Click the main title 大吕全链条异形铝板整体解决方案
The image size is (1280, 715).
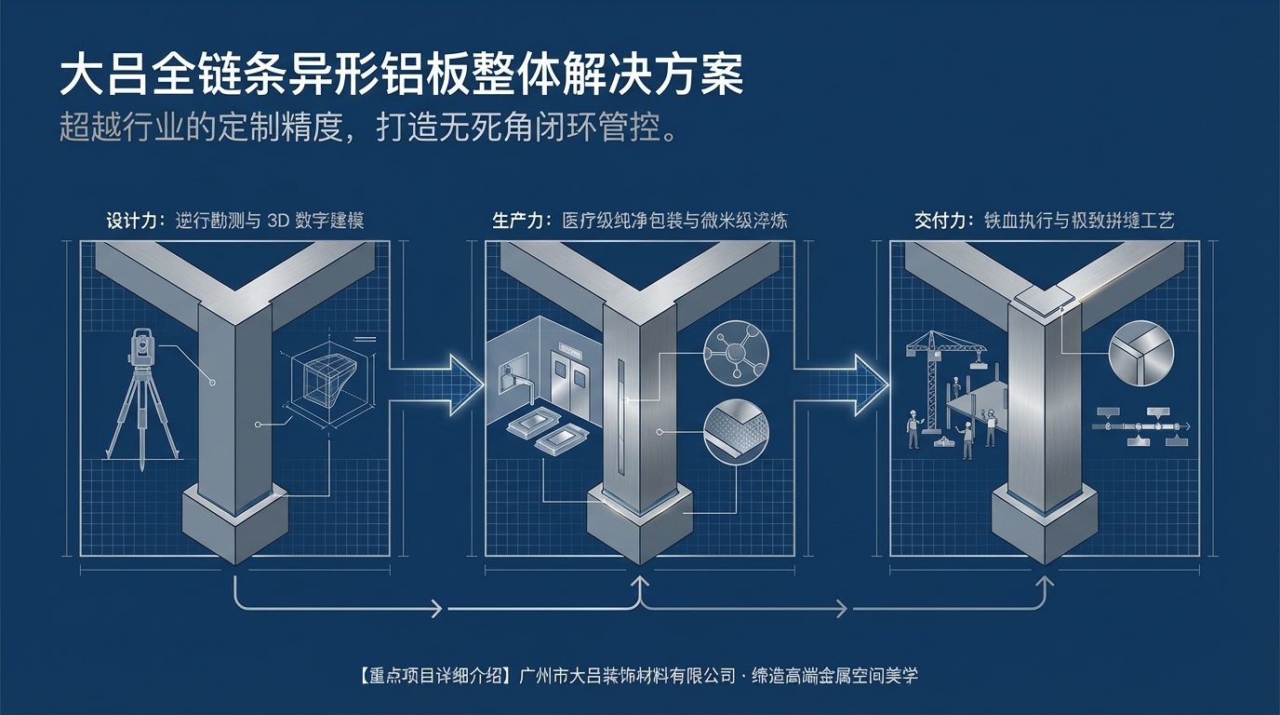(x=401, y=76)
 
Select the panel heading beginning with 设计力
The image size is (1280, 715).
(x=234, y=221)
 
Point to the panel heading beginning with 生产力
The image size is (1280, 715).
(x=640, y=221)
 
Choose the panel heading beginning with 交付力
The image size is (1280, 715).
(x=1044, y=221)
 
